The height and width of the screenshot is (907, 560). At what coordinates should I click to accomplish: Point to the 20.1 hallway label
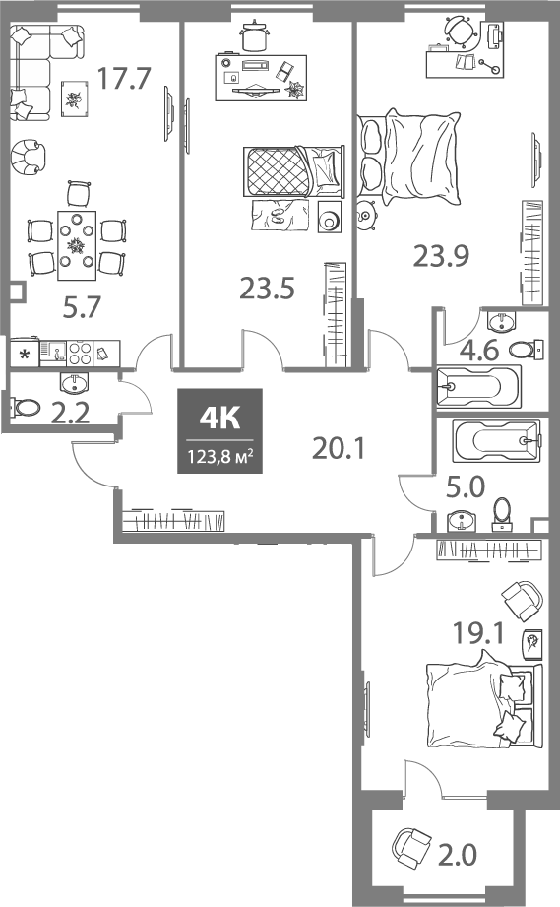pyautogui.click(x=339, y=449)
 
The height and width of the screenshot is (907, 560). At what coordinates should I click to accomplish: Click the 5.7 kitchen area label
pyautogui.click(x=82, y=309)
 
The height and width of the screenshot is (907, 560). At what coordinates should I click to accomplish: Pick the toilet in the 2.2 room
pyautogui.click(x=22, y=406)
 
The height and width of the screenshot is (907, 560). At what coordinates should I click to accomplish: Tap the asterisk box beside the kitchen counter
pyautogui.click(x=23, y=354)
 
